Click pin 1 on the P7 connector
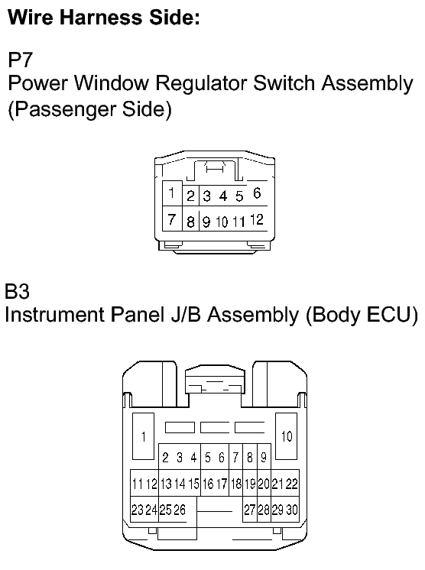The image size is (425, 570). [171, 193]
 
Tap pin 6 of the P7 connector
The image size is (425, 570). [257, 193]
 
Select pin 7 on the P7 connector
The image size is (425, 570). [171, 219]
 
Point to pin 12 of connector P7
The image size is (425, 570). [257, 219]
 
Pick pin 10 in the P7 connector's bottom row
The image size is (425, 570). [222, 222]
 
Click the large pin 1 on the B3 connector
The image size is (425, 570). [143, 436]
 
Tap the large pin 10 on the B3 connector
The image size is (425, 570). [287, 436]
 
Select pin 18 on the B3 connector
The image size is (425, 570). [236, 484]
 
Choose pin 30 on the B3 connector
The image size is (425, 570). [292, 510]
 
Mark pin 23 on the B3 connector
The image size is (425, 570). [137, 510]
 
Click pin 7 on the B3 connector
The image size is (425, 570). [235, 457]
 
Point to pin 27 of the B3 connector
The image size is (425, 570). [250, 510]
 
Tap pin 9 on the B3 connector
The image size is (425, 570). [264, 457]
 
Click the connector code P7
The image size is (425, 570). [21, 60]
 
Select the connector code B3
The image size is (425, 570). [17, 291]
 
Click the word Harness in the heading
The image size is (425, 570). [101, 17]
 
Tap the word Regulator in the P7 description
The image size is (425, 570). [202, 83]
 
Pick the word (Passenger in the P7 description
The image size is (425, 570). [62, 109]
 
